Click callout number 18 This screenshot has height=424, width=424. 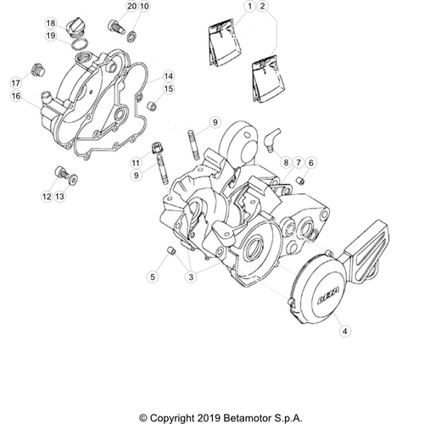tap(51, 23)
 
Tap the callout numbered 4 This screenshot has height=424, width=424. tap(345, 331)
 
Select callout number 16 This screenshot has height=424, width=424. tap(16, 96)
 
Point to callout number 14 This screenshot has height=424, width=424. tap(169, 76)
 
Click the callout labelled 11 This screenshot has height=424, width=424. tap(136, 163)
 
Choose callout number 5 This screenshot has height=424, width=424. tap(153, 276)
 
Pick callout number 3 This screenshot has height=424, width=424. tap(191, 276)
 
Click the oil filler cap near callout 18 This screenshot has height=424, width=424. tap(75, 27)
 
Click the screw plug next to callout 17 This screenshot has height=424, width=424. tap(38, 70)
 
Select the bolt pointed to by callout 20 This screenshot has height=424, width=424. tap(116, 27)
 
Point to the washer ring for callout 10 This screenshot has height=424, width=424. tap(132, 37)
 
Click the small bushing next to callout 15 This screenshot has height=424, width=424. tap(152, 107)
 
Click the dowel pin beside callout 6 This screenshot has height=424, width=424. tap(301, 181)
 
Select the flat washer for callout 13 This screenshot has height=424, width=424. tap(74, 179)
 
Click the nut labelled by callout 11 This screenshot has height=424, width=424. tap(157, 148)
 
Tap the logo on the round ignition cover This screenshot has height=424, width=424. tap(329, 296)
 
